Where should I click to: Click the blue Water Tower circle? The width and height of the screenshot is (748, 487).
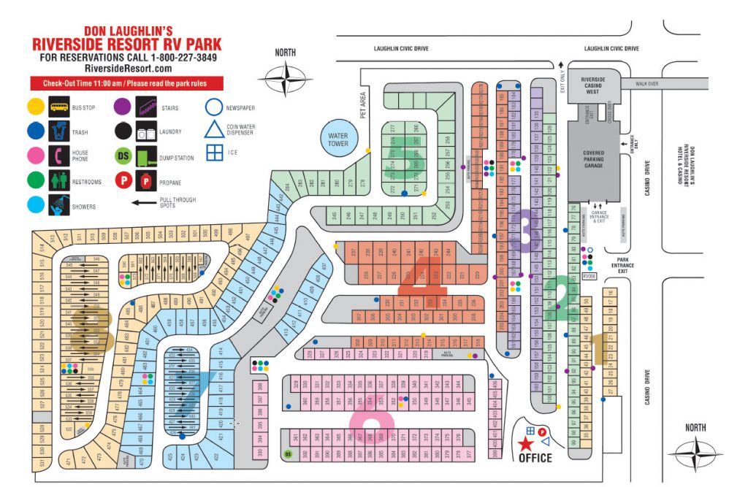coord(338,139)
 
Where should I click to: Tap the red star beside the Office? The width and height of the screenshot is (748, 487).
coord(525,443)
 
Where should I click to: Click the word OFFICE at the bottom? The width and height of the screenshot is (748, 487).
coord(535,458)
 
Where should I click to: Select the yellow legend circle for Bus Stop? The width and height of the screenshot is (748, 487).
coord(36,107)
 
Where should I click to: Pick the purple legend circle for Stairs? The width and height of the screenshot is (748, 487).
coord(123,107)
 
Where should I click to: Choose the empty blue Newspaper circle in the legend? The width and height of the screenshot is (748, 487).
coord(214,107)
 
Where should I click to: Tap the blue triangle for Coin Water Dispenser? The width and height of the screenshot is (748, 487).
coord(214,130)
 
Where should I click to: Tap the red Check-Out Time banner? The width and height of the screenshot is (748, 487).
coord(126,83)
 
